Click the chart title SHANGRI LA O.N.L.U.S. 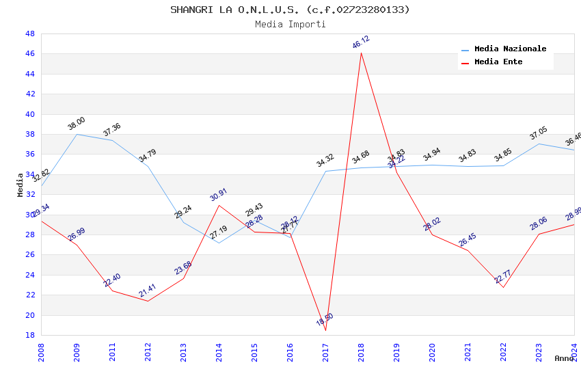(x=290, y=10)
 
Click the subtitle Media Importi (x=290, y=24)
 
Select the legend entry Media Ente (x=498, y=62)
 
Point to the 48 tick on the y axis (x=30, y=33)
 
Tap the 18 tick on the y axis (x=30, y=335)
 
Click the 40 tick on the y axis (x=30, y=114)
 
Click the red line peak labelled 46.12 (x=361, y=53)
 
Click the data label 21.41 (x=148, y=291)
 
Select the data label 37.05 (x=539, y=133)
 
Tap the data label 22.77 (x=502, y=277)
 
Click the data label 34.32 (x=325, y=161)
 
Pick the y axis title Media (x=21, y=185)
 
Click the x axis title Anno (x=565, y=358)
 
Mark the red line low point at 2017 (x=325, y=330)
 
